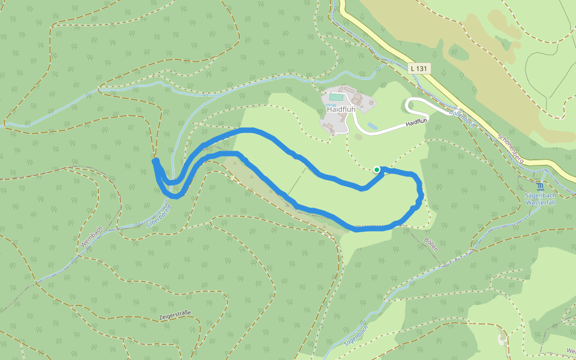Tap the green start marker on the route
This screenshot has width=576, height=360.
[x=377, y=170]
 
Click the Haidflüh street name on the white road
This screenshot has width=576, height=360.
[x=416, y=122]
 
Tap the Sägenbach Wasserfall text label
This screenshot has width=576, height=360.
[x=542, y=199]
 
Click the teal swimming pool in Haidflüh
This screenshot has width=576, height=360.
[x=337, y=97]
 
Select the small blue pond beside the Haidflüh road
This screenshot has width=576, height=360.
[x=373, y=126]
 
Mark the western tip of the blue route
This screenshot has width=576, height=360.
[x=155, y=161]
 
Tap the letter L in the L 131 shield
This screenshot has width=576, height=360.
[x=413, y=68]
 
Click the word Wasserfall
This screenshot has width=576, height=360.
[x=542, y=203]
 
